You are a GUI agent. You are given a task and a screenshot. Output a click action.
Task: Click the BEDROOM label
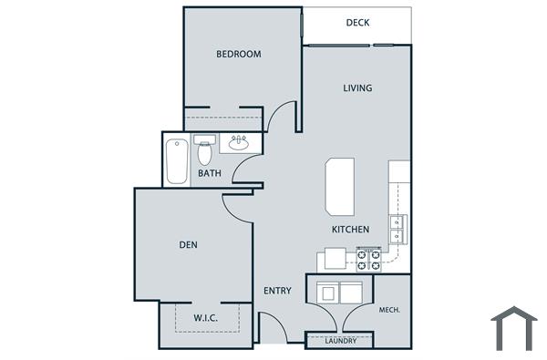(x=238, y=54)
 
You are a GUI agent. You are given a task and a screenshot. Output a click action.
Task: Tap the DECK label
(x=357, y=24)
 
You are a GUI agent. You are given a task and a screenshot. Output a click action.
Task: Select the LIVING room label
(x=357, y=88)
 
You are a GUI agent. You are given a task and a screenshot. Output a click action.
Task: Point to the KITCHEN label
(x=350, y=230)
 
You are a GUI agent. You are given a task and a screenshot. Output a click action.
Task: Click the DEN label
(x=189, y=244)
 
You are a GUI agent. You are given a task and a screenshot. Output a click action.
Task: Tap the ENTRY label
(x=277, y=291)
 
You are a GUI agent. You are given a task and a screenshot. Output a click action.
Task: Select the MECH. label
(x=390, y=310)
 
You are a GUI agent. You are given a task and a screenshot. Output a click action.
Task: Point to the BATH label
(x=210, y=173)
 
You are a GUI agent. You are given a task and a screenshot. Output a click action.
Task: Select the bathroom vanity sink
(x=239, y=142)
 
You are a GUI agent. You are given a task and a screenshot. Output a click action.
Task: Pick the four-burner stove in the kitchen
(x=368, y=261)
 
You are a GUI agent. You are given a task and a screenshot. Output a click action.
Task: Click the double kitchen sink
(x=398, y=230)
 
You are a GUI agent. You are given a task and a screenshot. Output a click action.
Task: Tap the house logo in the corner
(x=513, y=328)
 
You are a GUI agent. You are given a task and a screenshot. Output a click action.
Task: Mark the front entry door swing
(x=273, y=328)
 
